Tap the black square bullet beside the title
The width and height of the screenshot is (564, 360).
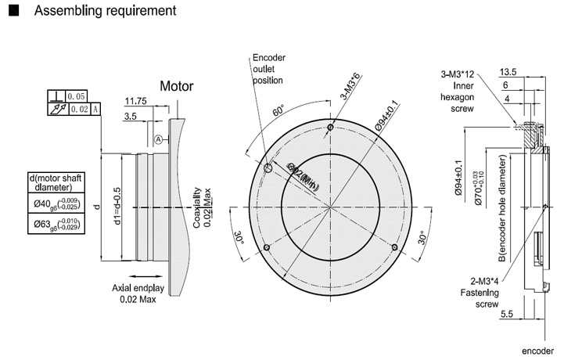(x=12, y=12)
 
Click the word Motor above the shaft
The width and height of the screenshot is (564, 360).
(x=177, y=85)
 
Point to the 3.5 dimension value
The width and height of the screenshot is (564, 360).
(x=131, y=116)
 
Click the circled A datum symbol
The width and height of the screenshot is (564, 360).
(x=159, y=139)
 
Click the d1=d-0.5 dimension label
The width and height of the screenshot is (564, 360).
(x=117, y=206)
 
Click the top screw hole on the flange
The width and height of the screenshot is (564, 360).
(x=332, y=128)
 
